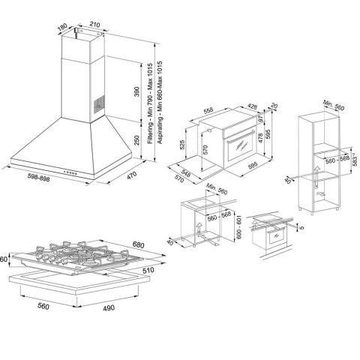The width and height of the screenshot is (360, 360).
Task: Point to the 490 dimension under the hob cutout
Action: point(109,307)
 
